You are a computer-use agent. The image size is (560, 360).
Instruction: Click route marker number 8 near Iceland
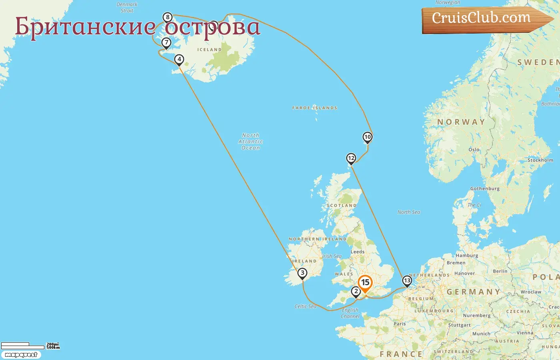click(x=168, y=17)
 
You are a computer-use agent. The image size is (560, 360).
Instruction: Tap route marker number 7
click(x=166, y=42)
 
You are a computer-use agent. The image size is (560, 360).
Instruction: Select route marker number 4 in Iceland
click(x=179, y=60)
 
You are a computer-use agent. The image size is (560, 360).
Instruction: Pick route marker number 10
click(x=368, y=137)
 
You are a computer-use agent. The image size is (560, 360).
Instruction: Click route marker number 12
click(x=351, y=158)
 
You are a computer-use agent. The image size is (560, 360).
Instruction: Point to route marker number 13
click(x=407, y=280)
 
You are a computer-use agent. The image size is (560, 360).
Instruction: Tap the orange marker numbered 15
click(x=365, y=283)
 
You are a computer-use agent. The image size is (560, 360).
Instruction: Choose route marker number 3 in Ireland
click(x=302, y=273)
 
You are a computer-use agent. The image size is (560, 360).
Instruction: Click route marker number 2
click(x=356, y=291)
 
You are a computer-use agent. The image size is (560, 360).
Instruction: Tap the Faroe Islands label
click(x=315, y=108)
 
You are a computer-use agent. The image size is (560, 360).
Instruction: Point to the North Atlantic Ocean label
click(x=251, y=142)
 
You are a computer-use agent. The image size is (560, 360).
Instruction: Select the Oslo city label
click(x=474, y=150)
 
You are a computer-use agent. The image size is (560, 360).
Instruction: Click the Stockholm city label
click(x=540, y=160)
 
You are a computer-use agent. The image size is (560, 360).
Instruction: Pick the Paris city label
click(x=400, y=324)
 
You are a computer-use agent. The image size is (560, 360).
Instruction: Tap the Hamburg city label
click(x=467, y=256)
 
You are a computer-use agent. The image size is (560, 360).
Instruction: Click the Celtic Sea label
click(x=305, y=306)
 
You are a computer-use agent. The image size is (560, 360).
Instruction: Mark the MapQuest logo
click(x=21, y=355)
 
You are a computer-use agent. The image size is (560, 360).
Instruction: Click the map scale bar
click(x=23, y=345)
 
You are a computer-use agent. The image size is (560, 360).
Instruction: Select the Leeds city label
click(x=358, y=252)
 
